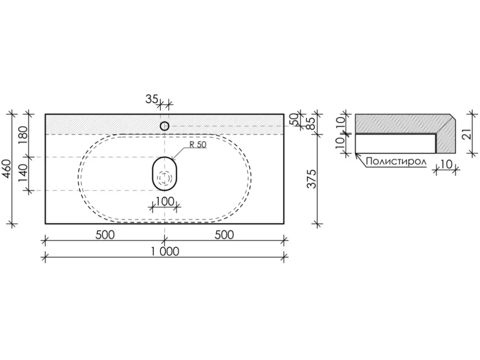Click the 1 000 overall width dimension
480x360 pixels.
point(165,251)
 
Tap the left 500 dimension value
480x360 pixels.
point(105,235)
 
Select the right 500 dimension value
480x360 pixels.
point(224,235)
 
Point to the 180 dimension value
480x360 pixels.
point(23,135)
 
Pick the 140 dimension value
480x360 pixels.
point(23,173)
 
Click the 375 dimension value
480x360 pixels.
point(312,179)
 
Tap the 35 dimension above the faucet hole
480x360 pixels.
point(151,99)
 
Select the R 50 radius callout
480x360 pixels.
point(198,144)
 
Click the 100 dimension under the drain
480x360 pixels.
point(165,201)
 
